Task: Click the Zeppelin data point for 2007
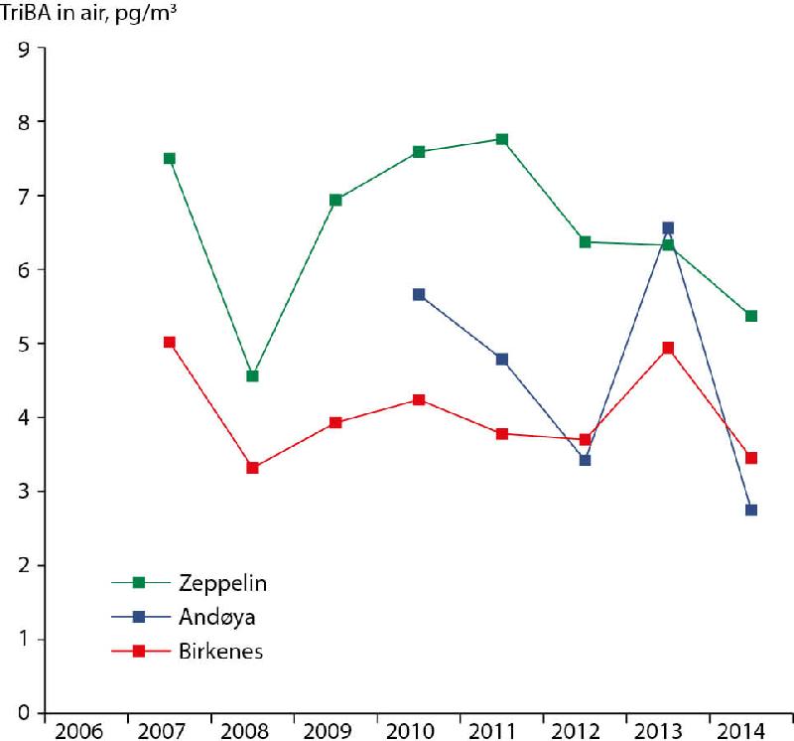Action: coord(170,158)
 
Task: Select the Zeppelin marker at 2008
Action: coord(252,375)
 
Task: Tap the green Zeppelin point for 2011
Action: coord(502,139)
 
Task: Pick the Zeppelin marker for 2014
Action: coord(751,316)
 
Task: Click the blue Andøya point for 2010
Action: coord(419,294)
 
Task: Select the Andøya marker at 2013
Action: coord(668,227)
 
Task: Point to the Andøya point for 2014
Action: coord(751,510)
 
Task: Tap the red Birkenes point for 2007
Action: coord(170,342)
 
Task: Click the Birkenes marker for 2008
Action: coord(252,467)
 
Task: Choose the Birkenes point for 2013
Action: coord(668,348)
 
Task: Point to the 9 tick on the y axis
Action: coord(23,48)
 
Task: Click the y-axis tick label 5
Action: coord(23,344)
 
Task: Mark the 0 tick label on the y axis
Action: coord(23,713)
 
